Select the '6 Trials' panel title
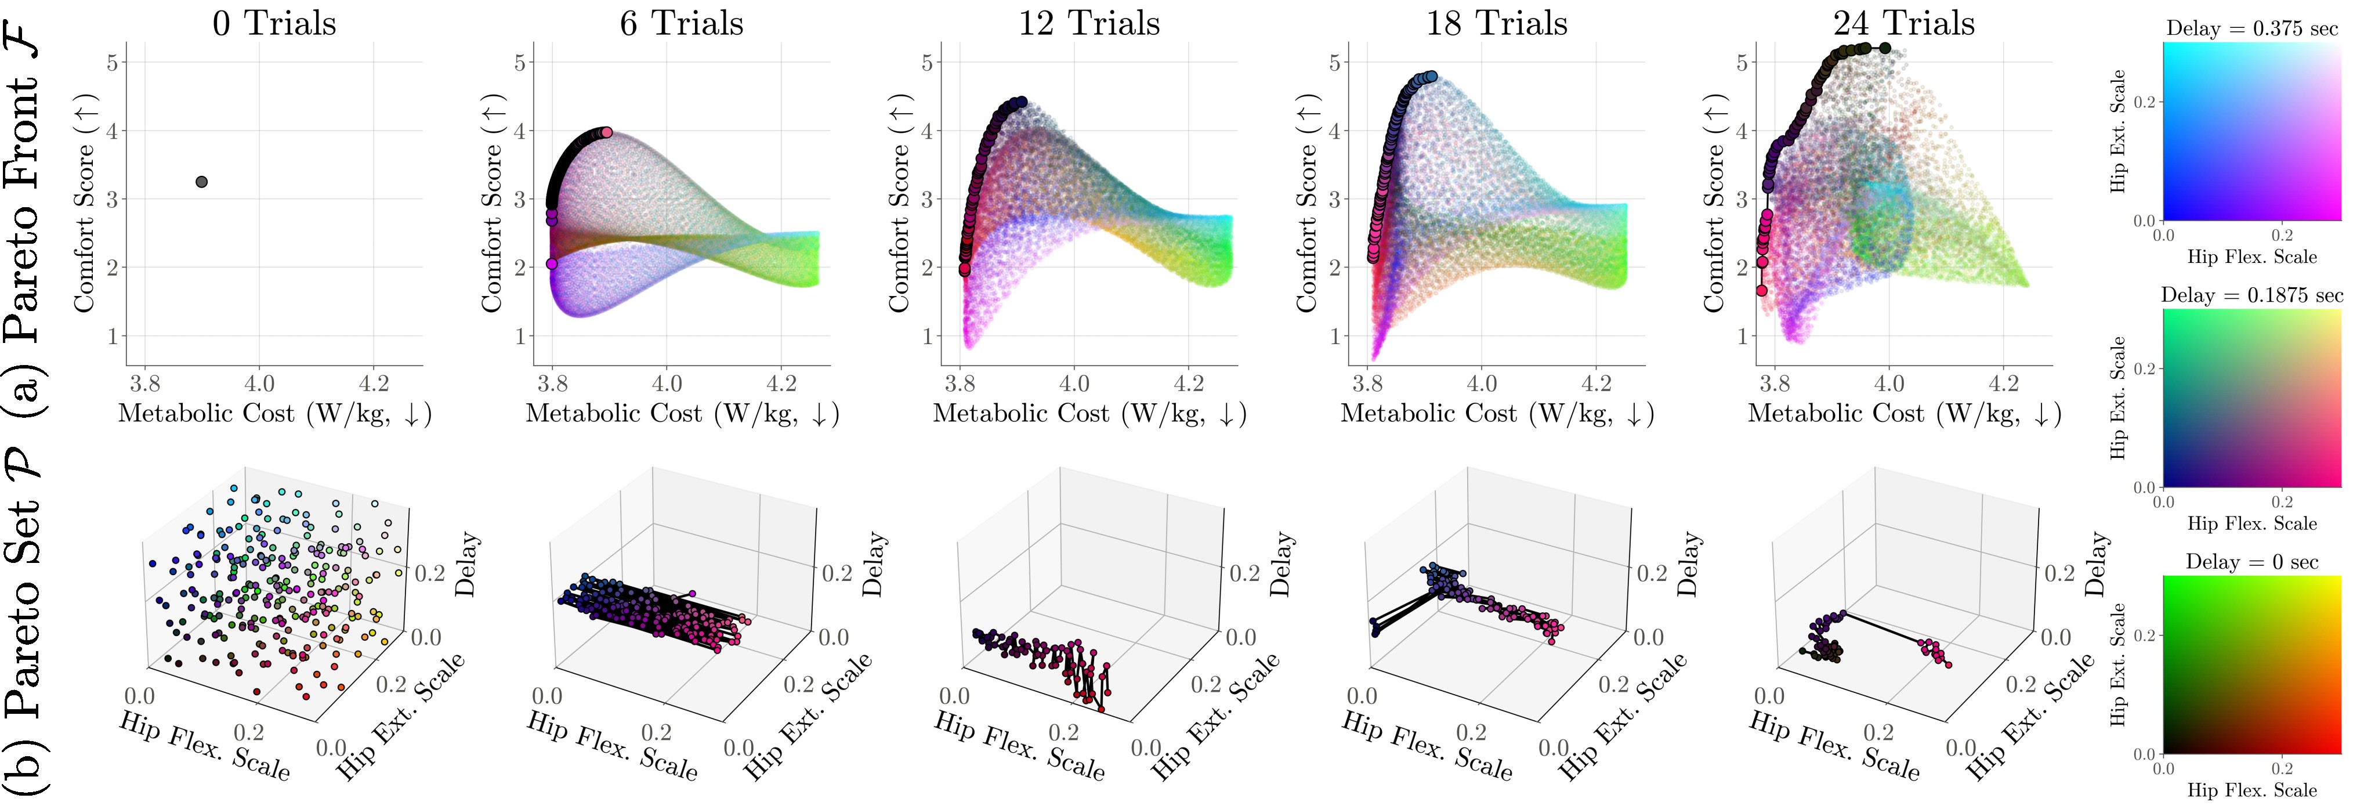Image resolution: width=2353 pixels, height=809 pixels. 682,23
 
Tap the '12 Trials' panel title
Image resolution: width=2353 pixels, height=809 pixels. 1089,23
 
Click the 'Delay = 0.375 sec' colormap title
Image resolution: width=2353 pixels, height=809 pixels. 2251,28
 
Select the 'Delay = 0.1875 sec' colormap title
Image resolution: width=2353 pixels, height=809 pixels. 2251,295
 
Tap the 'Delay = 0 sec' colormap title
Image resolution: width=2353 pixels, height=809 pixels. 2251,562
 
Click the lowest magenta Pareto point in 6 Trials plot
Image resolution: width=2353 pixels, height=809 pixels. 552,263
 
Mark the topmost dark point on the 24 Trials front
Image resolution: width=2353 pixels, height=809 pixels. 1884,48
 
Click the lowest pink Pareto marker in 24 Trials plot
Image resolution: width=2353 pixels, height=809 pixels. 1761,291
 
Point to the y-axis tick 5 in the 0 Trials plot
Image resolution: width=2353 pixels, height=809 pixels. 111,62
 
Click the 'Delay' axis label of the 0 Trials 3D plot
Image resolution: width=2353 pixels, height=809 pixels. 466,565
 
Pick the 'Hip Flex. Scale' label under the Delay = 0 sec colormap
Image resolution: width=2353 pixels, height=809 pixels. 2251,790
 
